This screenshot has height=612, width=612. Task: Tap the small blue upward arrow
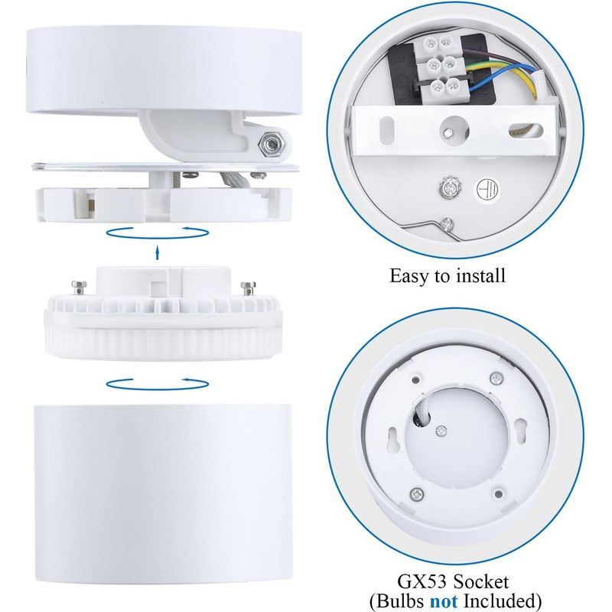pyautogui.click(x=158, y=252)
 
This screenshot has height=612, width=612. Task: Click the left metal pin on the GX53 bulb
pyautogui.click(x=78, y=288)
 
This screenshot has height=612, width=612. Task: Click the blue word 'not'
pyautogui.click(x=444, y=601)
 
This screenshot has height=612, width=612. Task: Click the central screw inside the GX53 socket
pyautogui.click(x=441, y=431)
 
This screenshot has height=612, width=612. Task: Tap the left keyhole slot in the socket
pyautogui.click(x=393, y=438)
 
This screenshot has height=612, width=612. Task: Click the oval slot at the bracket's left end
pyautogui.click(x=386, y=130)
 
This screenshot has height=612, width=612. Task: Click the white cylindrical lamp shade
pyautogui.click(x=162, y=493)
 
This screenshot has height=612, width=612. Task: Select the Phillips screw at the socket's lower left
pyautogui.click(x=416, y=494)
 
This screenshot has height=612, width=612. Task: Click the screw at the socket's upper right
pyautogui.click(x=496, y=378)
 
